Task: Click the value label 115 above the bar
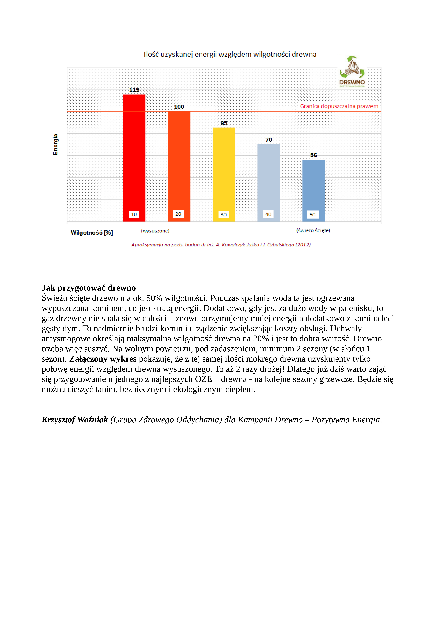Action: click(134, 90)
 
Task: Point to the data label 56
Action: click(313, 155)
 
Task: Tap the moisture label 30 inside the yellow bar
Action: click(223, 214)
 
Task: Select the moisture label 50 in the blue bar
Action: click(312, 214)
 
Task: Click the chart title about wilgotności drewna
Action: click(230, 54)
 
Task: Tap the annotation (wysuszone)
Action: click(155, 231)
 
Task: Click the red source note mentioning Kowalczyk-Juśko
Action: click(221, 245)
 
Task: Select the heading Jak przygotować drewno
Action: click(89, 288)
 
